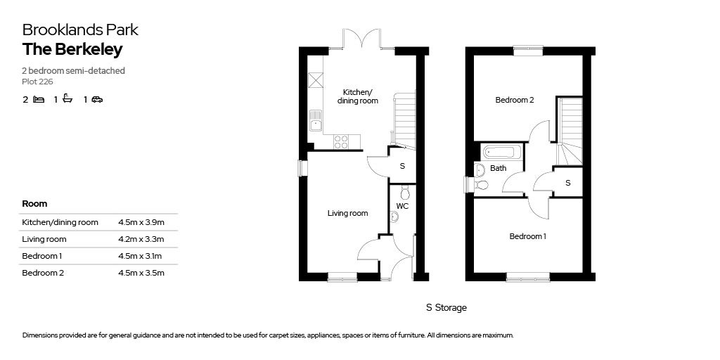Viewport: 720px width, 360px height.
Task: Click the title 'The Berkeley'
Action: [x=72, y=50]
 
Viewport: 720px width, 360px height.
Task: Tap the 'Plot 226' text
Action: [x=38, y=82]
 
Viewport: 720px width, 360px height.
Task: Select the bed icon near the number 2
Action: [x=39, y=99]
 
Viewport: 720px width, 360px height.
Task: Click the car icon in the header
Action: [x=97, y=99]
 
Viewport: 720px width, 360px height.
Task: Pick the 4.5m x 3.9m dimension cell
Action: [x=141, y=223]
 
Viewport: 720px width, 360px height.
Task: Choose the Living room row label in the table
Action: [x=44, y=239]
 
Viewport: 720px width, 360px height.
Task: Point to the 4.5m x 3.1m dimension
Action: [x=141, y=256]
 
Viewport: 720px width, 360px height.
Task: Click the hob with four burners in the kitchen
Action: [x=341, y=141]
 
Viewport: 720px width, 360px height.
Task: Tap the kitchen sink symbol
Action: [x=316, y=120]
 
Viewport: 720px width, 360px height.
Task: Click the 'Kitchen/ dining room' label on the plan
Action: [x=358, y=96]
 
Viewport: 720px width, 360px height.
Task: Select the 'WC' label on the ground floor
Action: [x=402, y=206]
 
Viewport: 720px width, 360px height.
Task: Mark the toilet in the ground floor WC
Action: [x=404, y=192]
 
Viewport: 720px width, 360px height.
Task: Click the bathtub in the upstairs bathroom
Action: [x=502, y=152]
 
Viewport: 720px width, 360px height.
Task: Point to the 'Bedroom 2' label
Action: [x=514, y=100]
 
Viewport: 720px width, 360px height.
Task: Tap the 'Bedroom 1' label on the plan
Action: [x=527, y=236]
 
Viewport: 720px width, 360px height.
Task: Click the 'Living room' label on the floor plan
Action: [x=347, y=214]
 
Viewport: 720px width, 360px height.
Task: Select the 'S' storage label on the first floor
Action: [x=568, y=183]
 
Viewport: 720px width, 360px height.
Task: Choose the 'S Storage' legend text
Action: [x=446, y=308]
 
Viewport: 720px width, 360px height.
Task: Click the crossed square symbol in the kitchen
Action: [x=316, y=80]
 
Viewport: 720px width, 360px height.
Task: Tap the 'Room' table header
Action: [x=34, y=203]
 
